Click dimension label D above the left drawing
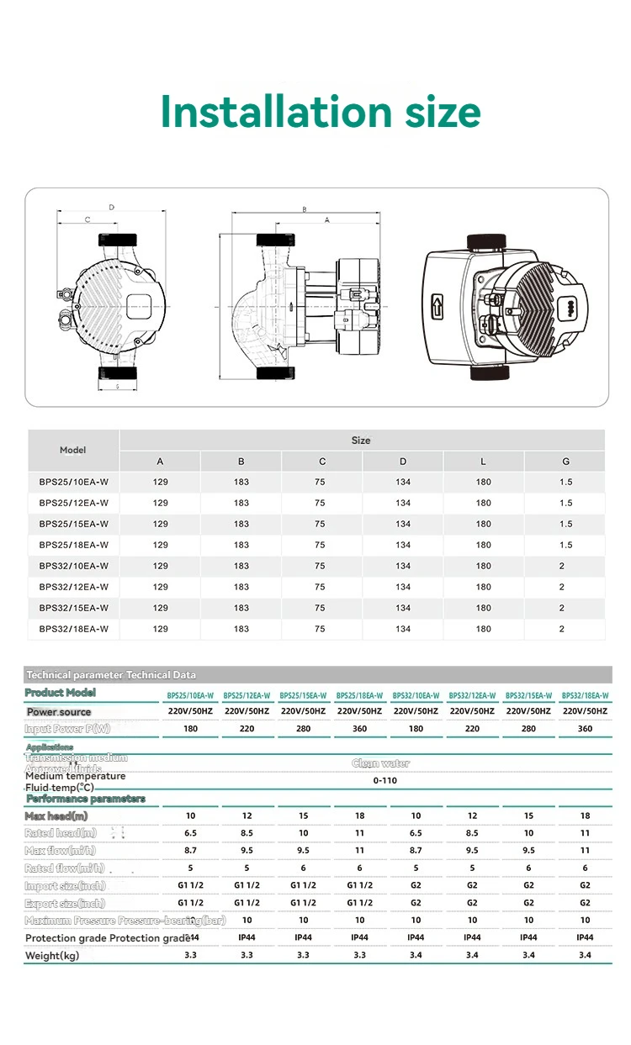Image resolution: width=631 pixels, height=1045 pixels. click(x=111, y=207)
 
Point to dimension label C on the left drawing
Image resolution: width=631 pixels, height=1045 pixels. click(x=87, y=219)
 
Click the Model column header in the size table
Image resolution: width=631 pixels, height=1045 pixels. click(x=73, y=450)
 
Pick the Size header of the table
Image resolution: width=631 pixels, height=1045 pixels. click(x=361, y=440)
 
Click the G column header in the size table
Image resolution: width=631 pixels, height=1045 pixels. click(x=565, y=462)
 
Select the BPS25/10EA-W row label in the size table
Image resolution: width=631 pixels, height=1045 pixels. click(x=73, y=483)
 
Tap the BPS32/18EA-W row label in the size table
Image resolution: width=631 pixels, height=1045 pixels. click(x=73, y=629)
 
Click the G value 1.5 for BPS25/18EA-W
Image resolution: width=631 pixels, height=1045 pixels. click(x=565, y=545)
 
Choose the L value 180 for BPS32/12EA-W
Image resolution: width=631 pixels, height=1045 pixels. click(x=483, y=587)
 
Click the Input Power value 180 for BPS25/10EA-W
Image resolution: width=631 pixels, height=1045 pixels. click(x=191, y=729)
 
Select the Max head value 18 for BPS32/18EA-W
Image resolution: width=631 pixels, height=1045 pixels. click(x=585, y=815)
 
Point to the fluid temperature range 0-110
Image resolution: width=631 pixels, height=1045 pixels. click(x=384, y=780)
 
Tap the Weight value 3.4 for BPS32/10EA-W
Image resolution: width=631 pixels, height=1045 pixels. click(x=416, y=955)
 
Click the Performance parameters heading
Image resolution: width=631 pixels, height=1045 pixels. click(x=85, y=799)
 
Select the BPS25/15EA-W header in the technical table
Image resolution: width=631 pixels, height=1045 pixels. click(x=303, y=695)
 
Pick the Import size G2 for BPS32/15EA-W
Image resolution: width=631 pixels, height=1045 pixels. click(x=528, y=885)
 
